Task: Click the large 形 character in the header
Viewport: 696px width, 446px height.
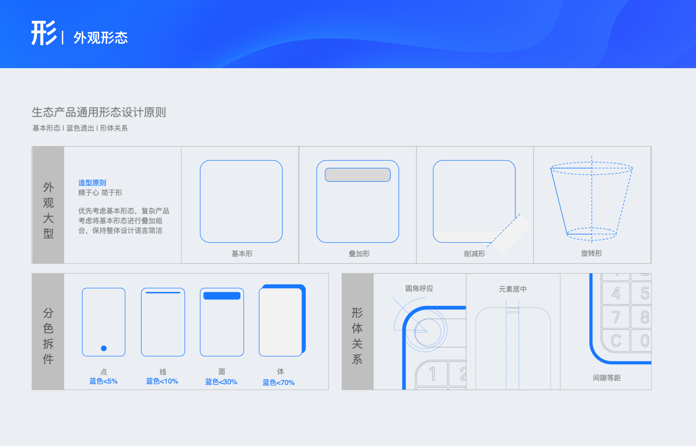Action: point(44,33)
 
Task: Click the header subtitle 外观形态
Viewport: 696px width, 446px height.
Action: point(100,38)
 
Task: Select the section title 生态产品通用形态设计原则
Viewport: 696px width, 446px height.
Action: point(99,112)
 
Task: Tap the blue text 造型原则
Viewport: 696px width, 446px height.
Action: point(92,183)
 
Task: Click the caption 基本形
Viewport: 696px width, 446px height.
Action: point(242,254)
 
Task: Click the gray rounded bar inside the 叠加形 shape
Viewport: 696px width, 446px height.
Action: point(357,175)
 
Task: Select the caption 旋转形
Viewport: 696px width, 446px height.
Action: point(591,253)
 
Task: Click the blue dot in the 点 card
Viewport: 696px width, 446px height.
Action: point(104,348)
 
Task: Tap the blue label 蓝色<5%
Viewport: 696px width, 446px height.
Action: point(103,381)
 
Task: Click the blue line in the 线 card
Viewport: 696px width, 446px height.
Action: point(163,293)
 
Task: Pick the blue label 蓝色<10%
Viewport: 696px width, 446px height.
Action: point(162,381)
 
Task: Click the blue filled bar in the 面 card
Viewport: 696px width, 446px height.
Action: point(222,296)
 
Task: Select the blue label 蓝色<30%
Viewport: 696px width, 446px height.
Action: point(221,382)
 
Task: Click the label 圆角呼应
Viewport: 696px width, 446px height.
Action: point(419,288)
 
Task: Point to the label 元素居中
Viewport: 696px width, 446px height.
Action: point(512,289)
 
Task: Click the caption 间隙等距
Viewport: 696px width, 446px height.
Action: point(607,378)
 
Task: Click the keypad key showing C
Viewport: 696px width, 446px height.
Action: point(616,340)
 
